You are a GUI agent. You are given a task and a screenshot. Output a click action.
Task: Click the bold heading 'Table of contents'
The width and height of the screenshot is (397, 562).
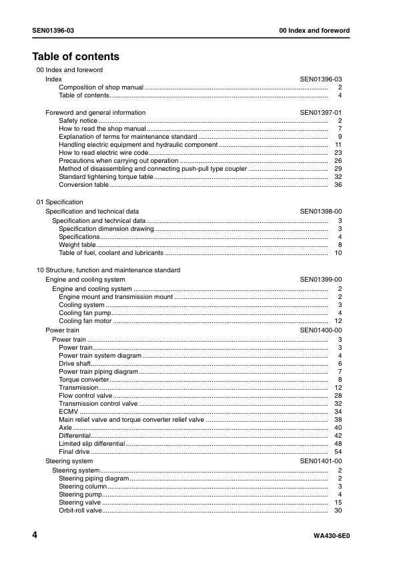click(75, 57)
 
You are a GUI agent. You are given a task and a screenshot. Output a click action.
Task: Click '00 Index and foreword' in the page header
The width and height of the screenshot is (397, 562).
click(314, 31)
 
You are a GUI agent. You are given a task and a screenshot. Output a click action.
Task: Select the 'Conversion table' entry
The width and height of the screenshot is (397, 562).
click(83, 185)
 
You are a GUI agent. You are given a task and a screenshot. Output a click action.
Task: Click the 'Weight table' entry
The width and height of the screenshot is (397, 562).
click(77, 245)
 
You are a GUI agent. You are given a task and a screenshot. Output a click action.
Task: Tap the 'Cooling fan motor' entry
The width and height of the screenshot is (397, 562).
click(85, 321)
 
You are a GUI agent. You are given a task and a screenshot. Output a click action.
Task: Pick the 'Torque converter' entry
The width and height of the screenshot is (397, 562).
click(84, 380)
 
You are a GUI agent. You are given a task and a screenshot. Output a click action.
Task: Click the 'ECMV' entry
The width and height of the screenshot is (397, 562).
click(69, 412)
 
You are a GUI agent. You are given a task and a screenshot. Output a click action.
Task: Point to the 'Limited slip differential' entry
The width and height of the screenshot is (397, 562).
click(92, 444)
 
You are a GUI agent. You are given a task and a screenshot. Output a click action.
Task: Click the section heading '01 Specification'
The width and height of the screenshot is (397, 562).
click(59, 202)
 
